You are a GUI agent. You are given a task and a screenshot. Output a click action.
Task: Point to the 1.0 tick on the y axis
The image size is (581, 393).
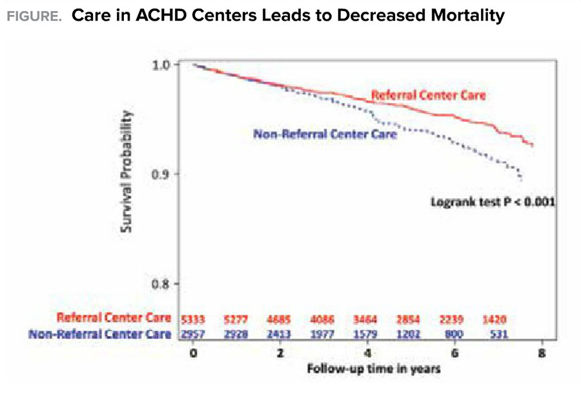162,65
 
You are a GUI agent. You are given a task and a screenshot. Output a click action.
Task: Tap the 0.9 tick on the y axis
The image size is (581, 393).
162,174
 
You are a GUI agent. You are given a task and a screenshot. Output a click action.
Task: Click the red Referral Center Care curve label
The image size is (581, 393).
427,96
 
